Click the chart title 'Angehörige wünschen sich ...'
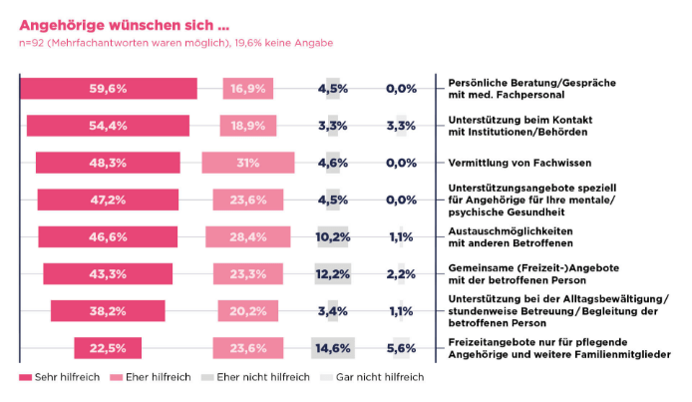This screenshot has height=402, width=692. [x=124, y=25]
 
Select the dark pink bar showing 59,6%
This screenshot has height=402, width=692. [x=109, y=88]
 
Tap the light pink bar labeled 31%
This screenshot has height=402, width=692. [x=248, y=163]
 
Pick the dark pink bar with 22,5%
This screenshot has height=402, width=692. [x=108, y=348]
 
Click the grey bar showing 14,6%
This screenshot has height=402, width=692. [x=333, y=348]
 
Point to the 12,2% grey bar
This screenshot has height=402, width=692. [x=333, y=274]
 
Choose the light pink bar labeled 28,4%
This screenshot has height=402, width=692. [x=248, y=237]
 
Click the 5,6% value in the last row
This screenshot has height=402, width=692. [x=401, y=348]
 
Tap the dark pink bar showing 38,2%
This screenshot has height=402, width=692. [x=108, y=311]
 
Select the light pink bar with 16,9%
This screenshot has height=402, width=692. [x=248, y=88]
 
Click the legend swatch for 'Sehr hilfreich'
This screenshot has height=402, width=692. [x=26, y=377]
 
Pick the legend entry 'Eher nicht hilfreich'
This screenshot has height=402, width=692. [x=256, y=377]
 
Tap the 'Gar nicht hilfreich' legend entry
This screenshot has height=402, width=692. [x=372, y=377]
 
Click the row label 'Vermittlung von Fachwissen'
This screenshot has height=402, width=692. [x=519, y=163]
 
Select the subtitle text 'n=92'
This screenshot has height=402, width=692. [x=31, y=43]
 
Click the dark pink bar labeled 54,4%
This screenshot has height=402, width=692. [x=108, y=126]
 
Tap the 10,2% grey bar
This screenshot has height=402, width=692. [x=333, y=237]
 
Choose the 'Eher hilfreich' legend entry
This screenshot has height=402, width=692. [x=151, y=377]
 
